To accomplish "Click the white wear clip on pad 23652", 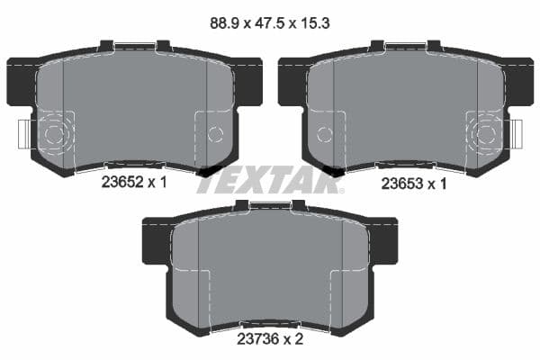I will tap(23, 136).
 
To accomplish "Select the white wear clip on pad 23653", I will tap(516, 136).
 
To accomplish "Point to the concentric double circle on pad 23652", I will tap(53, 136).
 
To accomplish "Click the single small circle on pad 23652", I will tap(214, 135).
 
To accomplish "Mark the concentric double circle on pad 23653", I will tap(486, 136).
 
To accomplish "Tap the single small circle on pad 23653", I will tap(325, 135).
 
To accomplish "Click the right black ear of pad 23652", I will tap(247, 80).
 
